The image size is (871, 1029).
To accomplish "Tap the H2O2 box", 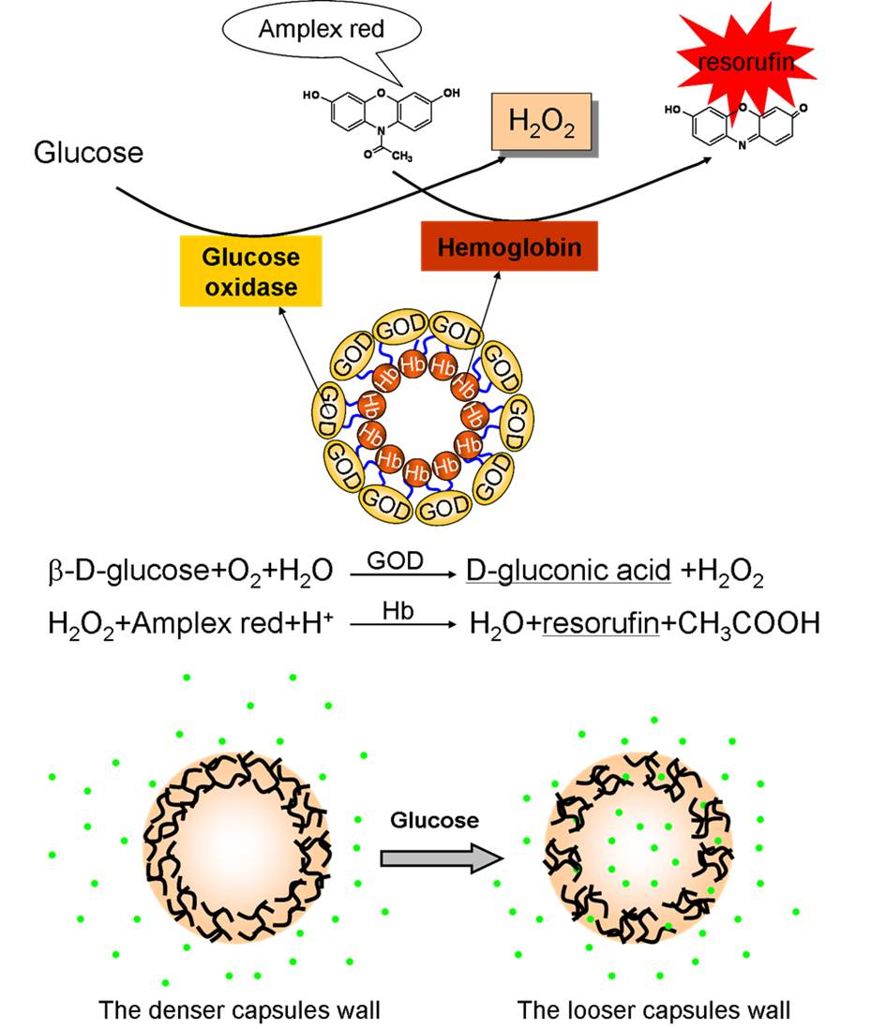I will click(541, 122).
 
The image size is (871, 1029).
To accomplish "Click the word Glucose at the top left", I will click(88, 152).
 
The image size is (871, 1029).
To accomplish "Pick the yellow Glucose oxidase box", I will click(250, 271).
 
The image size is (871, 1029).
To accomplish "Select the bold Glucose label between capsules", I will click(434, 821).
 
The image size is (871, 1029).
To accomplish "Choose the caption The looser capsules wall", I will click(653, 1011).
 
